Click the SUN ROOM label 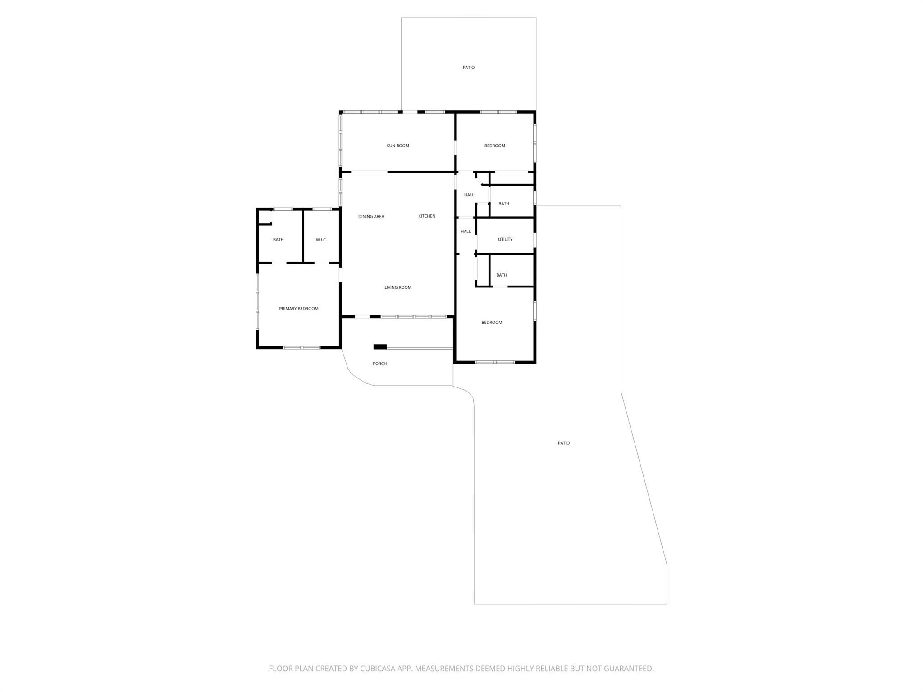(x=398, y=146)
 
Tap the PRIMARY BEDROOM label (x=299, y=309)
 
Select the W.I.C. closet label (x=321, y=240)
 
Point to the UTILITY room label (x=505, y=240)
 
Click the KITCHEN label (x=427, y=216)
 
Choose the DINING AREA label (x=371, y=217)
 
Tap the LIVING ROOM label (x=398, y=287)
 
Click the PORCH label (x=380, y=364)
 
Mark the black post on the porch (x=380, y=346)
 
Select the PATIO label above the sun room (x=469, y=68)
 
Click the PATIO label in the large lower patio (x=564, y=443)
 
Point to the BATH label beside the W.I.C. (x=279, y=240)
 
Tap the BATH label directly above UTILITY (x=504, y=204)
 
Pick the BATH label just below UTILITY (x=502, y=275)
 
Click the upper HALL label (x=469, y=195)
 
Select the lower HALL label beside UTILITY (x=466, y=232)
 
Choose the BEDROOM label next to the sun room (x=495, y=146)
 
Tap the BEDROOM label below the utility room (x=492, y=323)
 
